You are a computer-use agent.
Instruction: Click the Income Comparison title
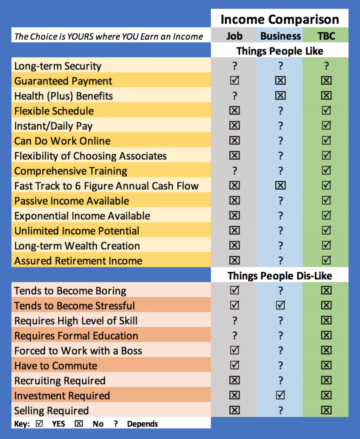pyautogui.click(x=279, y=19)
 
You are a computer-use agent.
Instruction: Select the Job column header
pyautogui.click(x=234, y=36)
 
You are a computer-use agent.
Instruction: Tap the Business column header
pyautogui.click(x=280, y=36)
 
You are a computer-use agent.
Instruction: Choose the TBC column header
pyautogui.click(x=326, y=36)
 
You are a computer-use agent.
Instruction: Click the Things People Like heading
pyautogui.click(x=279, y=51)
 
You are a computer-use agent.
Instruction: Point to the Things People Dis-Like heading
pyautogui.click(x=279, y=275)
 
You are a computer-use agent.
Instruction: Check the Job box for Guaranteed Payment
pyautogui.click(x=234, y=81)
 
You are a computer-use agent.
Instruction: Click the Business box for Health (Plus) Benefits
pyautogui.click(x=280, y=96)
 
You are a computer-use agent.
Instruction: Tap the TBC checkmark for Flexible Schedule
pyautogui.click(x=326, y=111)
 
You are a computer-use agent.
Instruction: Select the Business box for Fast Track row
pyautogui.click(x=280, y=186)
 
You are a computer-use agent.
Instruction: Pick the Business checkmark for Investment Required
pyautogui.click(x=280, y=395)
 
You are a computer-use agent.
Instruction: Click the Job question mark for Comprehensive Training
pyautogui.click(x=234, y=171)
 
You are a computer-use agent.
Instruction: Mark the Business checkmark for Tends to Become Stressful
pyautogui.click(x=280, y=305)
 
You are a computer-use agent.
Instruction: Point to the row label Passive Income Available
pyautogui.click(x=71, y=201)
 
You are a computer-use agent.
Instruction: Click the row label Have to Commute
pyautogui.click(x=56, y=366)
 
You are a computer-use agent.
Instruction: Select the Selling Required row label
pyautogui.click(x=51, y=411)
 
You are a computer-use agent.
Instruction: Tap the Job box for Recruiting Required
pyautogui.click(x=234, y=380)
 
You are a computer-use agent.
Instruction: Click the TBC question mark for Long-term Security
pyautogui.click(x=326, y=66)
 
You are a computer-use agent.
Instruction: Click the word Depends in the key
pyautogui.click(x=142, y=424)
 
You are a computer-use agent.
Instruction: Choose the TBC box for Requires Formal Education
pyautogui.click(x=326, y=335)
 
